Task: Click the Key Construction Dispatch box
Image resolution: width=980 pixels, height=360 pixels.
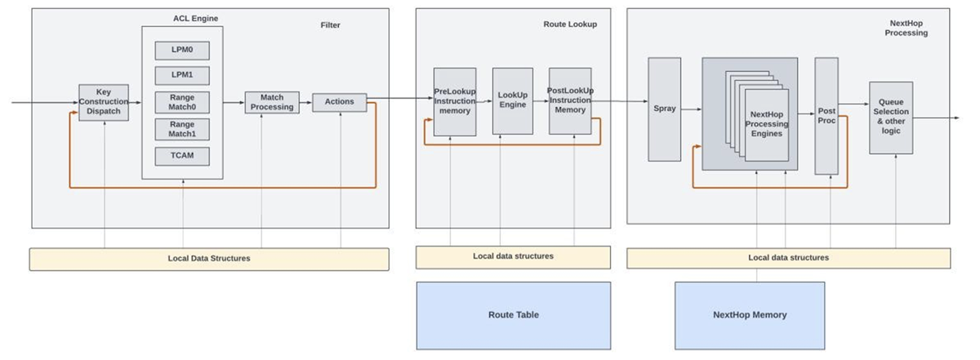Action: click(x=104, y=102)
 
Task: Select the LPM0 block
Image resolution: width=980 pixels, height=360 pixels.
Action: click(x=182, y=51)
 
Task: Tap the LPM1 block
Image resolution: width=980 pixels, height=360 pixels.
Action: click(x=182, y=76)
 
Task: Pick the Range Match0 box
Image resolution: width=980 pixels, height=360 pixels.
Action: click(x=182, y=102)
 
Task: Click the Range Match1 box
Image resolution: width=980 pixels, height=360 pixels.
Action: click(x=182, y=129)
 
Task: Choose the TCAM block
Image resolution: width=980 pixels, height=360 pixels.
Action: click(x=182, y=155)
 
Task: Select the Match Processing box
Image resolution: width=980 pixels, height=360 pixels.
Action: click(x=272, y=102)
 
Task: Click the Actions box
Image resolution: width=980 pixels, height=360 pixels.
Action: click(x=340, y=102)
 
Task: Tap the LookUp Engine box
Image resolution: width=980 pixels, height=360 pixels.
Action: click(x=512, y=100)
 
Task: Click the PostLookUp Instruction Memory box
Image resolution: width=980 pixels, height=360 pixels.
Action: click(x=570, y=100)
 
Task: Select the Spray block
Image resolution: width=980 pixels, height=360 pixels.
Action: click(x=664, y=109)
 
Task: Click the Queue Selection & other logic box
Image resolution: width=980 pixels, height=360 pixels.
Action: click(x=890, y=117)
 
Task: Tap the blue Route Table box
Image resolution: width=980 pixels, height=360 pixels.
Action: click(x=513, y=315)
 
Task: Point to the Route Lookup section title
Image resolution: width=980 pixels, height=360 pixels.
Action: click(x=570, y=24)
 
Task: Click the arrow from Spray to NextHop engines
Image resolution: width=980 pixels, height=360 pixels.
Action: click(x=691, y=109)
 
